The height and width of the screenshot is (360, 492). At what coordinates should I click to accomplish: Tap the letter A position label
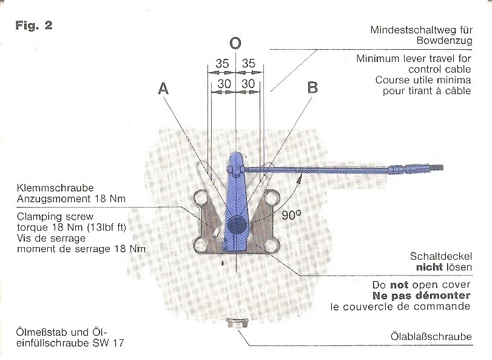click(x=163, y=88)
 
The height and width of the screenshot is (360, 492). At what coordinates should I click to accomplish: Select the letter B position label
click(x=312, y=87)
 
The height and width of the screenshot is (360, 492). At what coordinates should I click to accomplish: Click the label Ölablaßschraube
click(x=431, y=337)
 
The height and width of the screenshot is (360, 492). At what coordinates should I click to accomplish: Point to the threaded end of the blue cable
click(x=436, y=165)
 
